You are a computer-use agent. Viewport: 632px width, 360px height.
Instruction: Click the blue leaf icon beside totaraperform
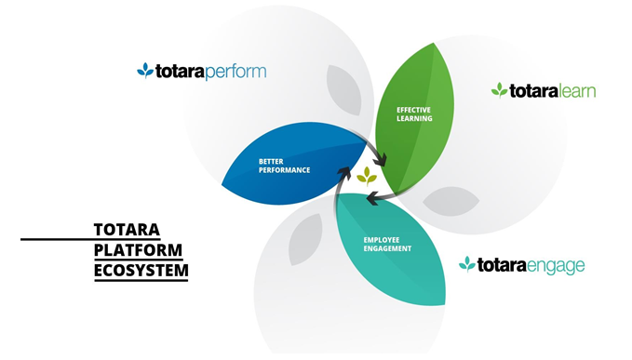pyautogui.click(x=145, y=71)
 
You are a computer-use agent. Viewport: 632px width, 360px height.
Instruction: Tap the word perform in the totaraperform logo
pyautogui.click(x=235, y=73)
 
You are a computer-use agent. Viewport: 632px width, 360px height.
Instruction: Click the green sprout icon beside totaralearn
pyautogui.click(x=499, y=90)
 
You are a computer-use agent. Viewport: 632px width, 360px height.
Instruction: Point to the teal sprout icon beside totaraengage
pyautogui.click(x=466, y=264)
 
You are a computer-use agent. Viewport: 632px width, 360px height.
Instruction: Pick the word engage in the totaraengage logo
pyautogui.click(x=556, y=267)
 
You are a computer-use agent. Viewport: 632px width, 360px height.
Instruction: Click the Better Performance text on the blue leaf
pyautogui.click(x=284, y=166)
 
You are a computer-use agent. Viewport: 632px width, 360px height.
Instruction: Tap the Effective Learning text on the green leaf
pyautogui.click(x=414, y=114)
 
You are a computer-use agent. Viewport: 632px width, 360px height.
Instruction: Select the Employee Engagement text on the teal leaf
pyautogui.click(x=387, y=245)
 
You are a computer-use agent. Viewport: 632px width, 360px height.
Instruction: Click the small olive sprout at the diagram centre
pyautogui.click(x=367, y=177)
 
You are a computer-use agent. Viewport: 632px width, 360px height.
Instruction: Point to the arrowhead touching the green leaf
pyautogui.click(x=380, y=159)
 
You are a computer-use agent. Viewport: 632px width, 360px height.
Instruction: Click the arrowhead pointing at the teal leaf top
pyautogui.click(x=373, y=198)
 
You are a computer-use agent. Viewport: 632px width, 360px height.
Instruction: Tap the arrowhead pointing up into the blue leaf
pyautogui.click(x=343, y=172)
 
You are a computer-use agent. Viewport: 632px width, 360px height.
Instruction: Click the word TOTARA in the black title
pyautogui.click(x=127, y=230)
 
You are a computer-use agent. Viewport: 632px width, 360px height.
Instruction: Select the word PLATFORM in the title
pyautogui.click(x=138, y=250)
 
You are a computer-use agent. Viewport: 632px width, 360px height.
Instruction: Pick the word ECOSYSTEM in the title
pyautogui.click(x=141, y=271)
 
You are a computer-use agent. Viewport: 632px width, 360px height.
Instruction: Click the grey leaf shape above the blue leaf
pyautogui.click(x=343, y=90)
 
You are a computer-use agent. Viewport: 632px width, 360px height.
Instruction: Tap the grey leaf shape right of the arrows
pyautogui.click(x=451, y=201)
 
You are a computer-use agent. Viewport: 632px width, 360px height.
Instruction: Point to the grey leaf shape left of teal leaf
pyautogui.click(x=305, y=239)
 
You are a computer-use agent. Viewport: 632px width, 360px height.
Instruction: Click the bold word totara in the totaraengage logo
pyautogui.click(x=502, y=265)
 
